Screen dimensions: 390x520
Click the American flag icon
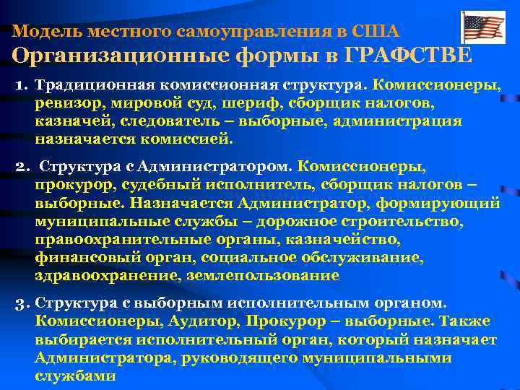coord(483,27)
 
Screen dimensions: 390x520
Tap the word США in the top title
coord(376,32)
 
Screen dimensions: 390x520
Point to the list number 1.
coord(19,86)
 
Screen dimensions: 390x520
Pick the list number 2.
coord(21,168)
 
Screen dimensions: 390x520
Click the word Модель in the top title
coord(40,32)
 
